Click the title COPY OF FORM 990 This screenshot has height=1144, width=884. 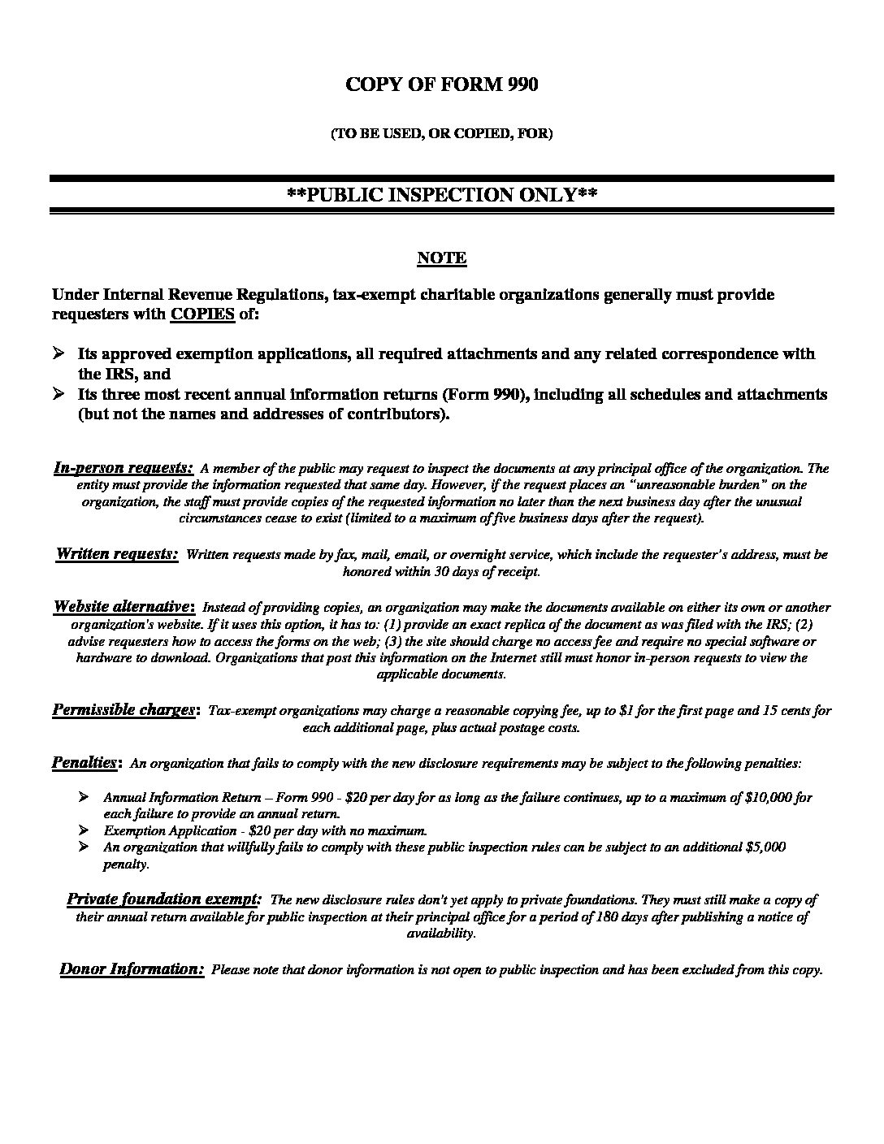(x=441, y=84)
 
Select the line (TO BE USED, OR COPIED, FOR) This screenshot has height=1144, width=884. (x=441, y=134)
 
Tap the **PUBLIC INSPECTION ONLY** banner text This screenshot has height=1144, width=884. (x=442, y=195)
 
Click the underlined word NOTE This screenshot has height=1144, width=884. (x=441, y=258)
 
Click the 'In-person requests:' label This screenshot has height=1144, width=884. (x=123, y=468)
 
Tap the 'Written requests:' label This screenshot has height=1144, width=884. (x=117, y=554)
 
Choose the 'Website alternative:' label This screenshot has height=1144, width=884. (x=123, y=607)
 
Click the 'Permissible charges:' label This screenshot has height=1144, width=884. (x=124, y=710)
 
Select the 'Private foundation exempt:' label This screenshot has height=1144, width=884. (x=163, y=899)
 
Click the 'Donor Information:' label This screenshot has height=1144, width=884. (x=132, y=968)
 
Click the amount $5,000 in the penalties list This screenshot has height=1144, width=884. (x=765, y=847)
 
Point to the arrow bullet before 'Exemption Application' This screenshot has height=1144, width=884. (x=84, y=830)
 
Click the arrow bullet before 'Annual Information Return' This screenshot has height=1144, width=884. (x=84, y=798)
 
